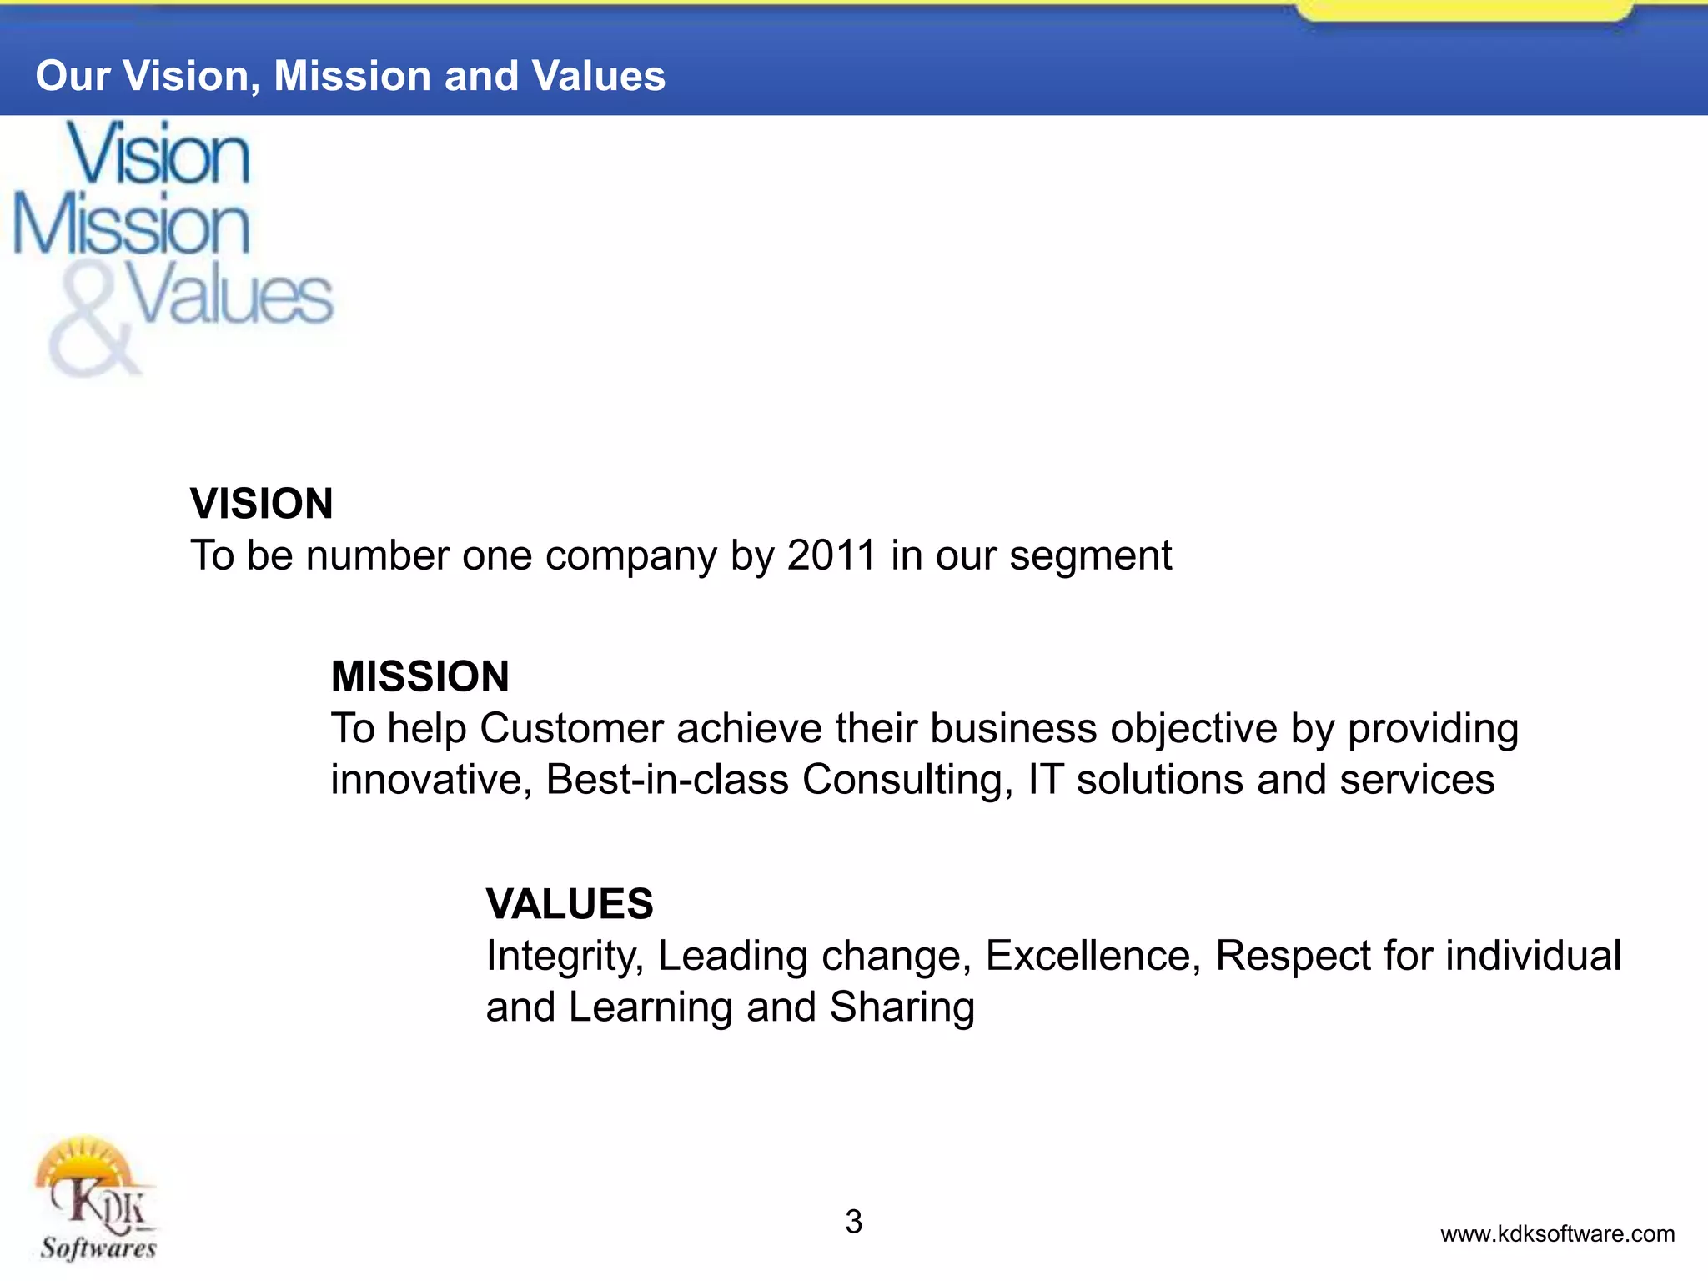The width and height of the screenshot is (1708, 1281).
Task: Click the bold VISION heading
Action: [x=261, y=504]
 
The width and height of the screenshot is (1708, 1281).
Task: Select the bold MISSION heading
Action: [x=419, y=676]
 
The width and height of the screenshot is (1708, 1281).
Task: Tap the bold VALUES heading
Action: [x=570, y=904]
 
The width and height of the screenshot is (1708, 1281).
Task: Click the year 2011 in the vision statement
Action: [x=831, y=555]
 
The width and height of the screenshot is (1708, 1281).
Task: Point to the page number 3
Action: [x=853, y=1222]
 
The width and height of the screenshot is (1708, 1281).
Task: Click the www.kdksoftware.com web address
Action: [x=1557, y=1234]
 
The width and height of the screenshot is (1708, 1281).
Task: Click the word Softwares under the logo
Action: [x=98, y=1248]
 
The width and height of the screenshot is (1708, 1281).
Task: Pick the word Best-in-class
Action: [x=667, y=780]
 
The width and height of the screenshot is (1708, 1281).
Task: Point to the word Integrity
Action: [x=565, y=957]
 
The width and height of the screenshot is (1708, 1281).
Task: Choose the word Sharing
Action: [x=902, y=1008]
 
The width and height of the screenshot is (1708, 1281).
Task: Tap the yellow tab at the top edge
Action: [x=1464, y=10]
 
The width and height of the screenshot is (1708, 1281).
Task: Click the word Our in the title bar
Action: [x=73, y=76]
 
